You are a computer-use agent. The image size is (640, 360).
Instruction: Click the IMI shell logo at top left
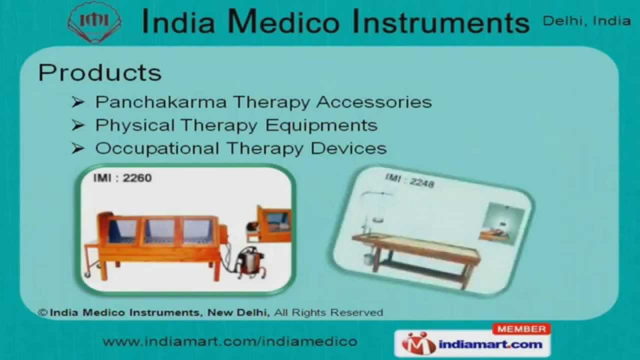(94, 22)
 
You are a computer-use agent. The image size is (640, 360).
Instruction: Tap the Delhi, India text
(586, 20)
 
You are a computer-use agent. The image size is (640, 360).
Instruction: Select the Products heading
(100, 72)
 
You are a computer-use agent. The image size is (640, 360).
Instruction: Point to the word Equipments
(321, 125)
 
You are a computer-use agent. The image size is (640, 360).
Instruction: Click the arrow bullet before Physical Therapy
(77, 125)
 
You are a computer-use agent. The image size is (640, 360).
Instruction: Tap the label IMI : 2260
(122, 177)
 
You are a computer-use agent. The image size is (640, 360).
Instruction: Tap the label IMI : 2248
(409, 180)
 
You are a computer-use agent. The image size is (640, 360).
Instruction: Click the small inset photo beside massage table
(501, 223)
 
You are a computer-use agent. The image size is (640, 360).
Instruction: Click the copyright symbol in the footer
(43, 312)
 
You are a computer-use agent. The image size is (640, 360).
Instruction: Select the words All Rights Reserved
(328, 312)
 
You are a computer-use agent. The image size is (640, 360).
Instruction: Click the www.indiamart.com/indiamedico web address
(229, 341)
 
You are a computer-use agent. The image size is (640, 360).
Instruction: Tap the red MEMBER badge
(521, 329)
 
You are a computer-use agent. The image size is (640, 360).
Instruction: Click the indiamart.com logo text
(490, 344)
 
